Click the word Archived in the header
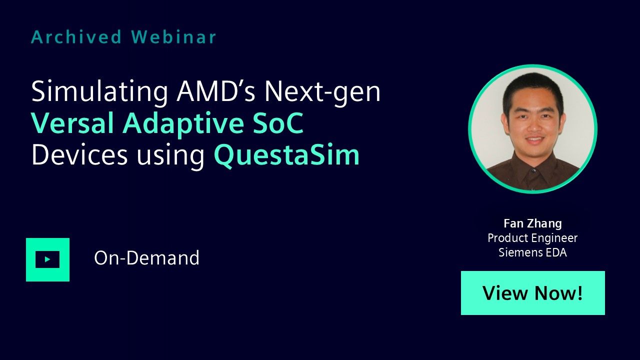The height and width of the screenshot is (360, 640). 76,37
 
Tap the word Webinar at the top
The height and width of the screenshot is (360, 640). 173,37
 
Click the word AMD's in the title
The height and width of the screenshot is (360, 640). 215,91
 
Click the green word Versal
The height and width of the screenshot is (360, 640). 72,123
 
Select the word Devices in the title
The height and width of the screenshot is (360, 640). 79,154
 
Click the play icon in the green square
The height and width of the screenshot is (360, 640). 47,259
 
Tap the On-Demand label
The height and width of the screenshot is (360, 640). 146,258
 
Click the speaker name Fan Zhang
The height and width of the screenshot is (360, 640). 532,224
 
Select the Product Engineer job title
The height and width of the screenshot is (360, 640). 532,238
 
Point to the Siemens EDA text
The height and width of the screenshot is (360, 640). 532,252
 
